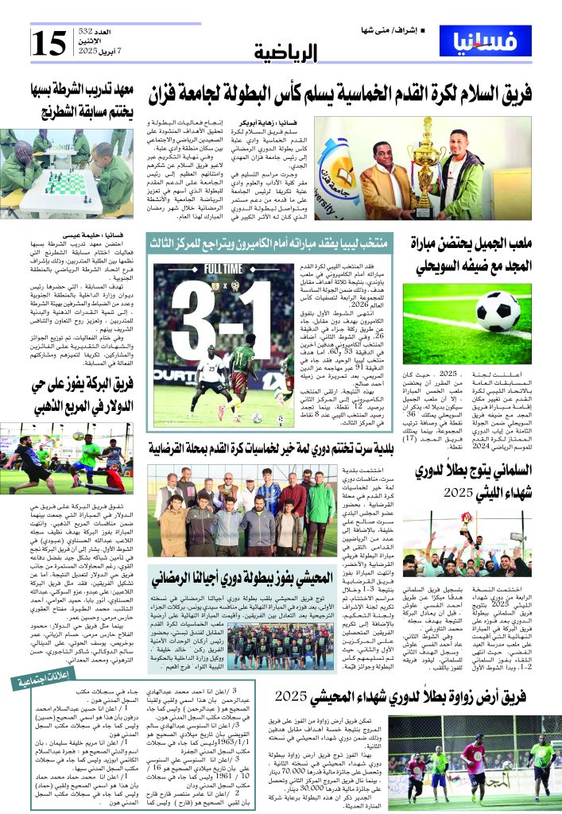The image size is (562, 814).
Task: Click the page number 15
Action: pos(48,41)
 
